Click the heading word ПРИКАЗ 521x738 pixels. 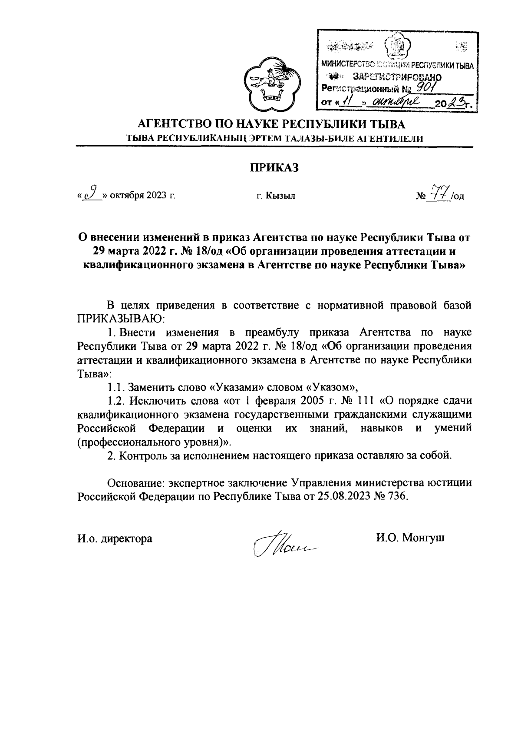point(274,167)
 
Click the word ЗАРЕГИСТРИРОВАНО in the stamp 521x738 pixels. point(398,77)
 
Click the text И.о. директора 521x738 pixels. point(115,539)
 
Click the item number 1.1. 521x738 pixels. point(116,387)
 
